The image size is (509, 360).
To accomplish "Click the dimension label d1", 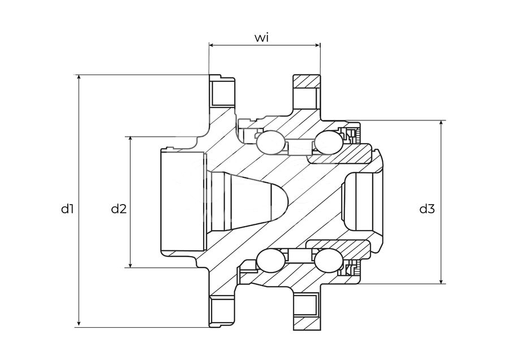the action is click(x=67, y=209).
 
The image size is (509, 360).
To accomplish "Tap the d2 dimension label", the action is click(x=119, y=209).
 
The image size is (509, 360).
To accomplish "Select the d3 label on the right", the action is click(x=427, y=209).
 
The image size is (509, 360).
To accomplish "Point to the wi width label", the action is click(x=261, y=38).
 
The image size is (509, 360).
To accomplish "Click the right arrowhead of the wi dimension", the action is click(x=317, y=45).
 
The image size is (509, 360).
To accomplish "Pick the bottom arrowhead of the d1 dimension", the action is click(x=79, y=324).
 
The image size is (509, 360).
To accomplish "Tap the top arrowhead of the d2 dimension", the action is click(x=131, y=140).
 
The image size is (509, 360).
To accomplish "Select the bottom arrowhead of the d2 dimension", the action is click(x=131, y=264).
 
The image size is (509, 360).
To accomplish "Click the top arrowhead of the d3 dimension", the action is click(x=441, y=124).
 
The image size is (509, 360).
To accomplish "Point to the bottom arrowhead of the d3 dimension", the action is click(x=441, y=280).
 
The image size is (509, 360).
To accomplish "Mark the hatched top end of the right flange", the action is click(x=307, y=81).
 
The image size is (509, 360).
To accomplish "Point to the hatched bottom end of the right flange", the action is click(x=307, y=323).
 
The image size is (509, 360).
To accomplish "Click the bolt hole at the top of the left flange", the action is click(x=222, y=93).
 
